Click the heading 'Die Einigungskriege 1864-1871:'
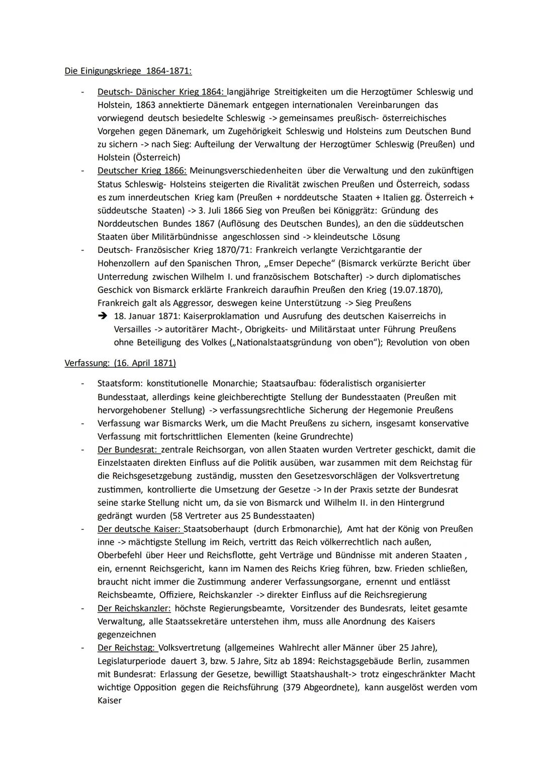[x=128, y=71]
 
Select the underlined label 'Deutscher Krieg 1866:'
[x=142, y=171]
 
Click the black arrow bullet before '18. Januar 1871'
[x=103, y=316]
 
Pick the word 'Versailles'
[x=132, y=330]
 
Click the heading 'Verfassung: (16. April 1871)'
[x=120, y=363]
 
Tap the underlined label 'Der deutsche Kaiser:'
[x=140, y=529]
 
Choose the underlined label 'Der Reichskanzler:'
[x=134, y=608]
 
